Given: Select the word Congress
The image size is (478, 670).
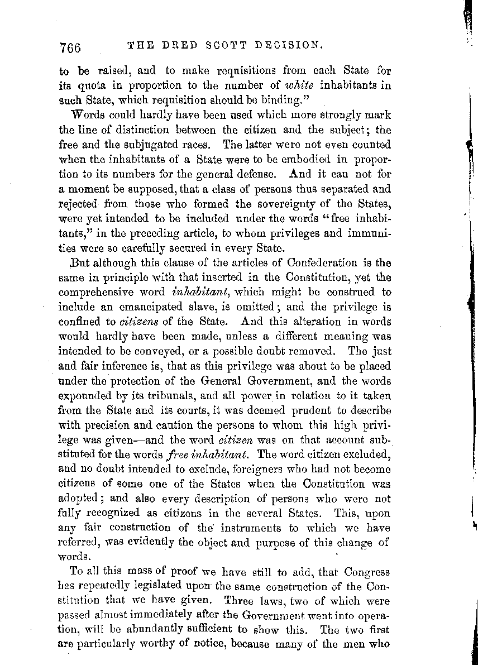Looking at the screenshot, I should click(x=365, y=572).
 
